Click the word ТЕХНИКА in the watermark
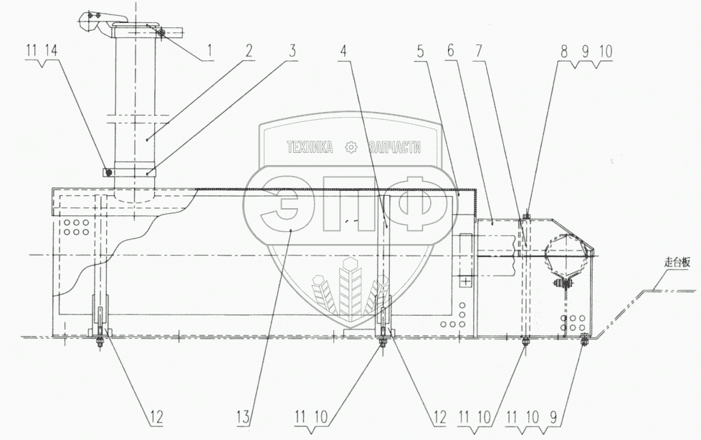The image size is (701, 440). (309, 148)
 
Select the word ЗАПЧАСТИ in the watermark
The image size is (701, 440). (393, 148)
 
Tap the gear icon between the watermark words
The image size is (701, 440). (351, 148)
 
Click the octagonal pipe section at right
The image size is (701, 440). (566, 254)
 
